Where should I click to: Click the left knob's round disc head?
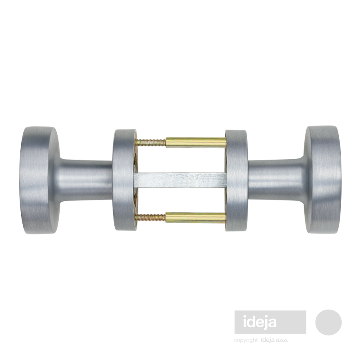(40, 180)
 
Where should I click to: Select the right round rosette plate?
(236, 180)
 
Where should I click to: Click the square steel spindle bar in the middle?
(181, 180)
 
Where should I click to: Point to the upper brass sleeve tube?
(196, 142)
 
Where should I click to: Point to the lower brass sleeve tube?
(196, 218)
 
